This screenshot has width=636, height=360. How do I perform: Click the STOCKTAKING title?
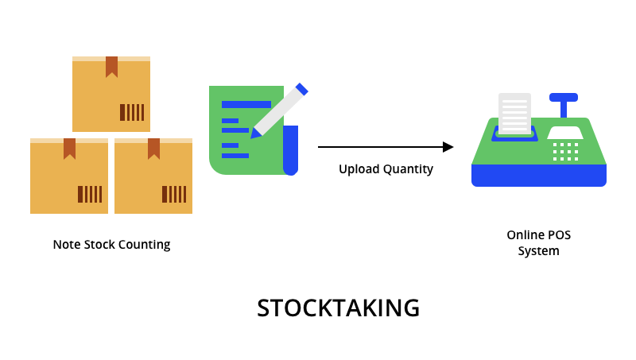pyautogui.click(x=338, y=308)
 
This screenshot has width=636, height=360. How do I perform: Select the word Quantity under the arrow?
pyautogui.click(x=407, y=169)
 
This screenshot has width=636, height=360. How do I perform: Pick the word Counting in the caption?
pyautogui.click(x=144, y=245)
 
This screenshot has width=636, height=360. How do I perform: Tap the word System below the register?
pyautogui.click(x=539, y=251)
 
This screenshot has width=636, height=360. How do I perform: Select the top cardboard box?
pyautogui.click(x=111, y=95)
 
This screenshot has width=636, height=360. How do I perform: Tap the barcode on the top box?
pyautogui.click(x=132, y=112)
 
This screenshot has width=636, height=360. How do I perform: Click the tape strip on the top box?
pyautogui.click(x=111, y=66)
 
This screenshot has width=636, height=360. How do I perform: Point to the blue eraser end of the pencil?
pyautogui.click(x=301, y=89)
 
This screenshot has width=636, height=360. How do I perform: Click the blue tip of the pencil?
pyautogui.click(x=255, y=134)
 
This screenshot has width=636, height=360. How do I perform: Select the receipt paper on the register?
pyautogui.click(x=514, y=114)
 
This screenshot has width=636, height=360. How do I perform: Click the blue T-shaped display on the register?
pyautogui.click(x=564, y=102)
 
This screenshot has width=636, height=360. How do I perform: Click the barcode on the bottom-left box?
pyautogui.click(x=90, y=194)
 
